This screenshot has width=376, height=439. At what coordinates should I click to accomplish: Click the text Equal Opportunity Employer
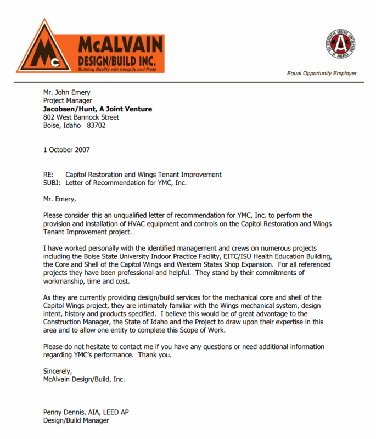coord(322,73)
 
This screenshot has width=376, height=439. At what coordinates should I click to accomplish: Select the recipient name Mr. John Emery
coord(67,92)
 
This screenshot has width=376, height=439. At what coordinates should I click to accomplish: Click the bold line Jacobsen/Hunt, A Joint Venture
coord(98,109)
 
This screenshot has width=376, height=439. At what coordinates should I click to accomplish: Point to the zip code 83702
coord(97,126)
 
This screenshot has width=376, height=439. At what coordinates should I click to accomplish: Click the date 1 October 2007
coord(66,149)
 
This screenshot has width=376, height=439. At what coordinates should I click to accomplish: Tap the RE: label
coord(49,175)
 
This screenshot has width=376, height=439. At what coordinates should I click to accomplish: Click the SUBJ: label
coord(52,183)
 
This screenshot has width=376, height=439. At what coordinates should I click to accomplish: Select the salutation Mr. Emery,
coord(60,199)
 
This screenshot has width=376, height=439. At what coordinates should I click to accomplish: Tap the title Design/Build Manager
coord(76,420)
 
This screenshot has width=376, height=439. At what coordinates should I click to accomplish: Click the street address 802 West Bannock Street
coord(81,117)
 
